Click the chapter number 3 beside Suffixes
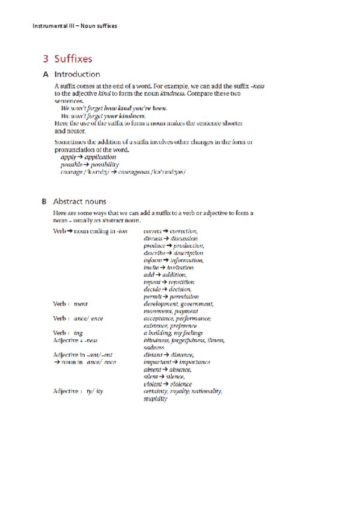[45, 59]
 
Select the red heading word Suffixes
[73, 59]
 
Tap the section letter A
[45, 75]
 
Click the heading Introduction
[77, 75]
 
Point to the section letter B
[45, 201]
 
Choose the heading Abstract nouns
[79, 201]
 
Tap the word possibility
[101, 164]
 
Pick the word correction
[183, 231]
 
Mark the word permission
[183, 296]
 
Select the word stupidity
[156, 399]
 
